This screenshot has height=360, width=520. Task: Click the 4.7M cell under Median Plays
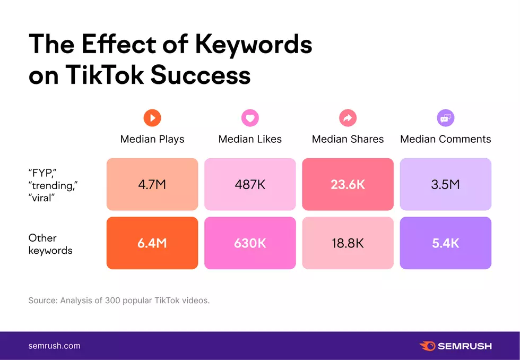click(x=152, y=184)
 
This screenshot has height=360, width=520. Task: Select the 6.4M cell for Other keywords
click(x=152, y=243)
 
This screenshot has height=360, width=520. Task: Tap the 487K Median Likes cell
click(x=250, y=184)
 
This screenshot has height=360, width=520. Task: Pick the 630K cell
click(x=250, y=243)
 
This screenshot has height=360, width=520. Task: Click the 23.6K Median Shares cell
click(x=348, y=184)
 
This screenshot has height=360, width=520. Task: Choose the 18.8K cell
click(x=348, y=243)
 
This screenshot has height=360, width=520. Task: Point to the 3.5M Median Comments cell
click(x=445, y=184)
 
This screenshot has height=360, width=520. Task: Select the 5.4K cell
click(x=445, y=243)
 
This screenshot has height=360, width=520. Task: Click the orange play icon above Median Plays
click(x=152, y=118)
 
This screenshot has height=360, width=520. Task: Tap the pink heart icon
click(x=250, y=118)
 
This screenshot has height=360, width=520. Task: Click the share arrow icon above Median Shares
click(x=348, y=118)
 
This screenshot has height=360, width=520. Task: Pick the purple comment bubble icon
click(x=445, y=118)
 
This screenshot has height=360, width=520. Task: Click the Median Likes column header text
click(x=250, y=139)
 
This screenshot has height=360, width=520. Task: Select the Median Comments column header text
click(x=445, y=139)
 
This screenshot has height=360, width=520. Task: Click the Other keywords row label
click(x=50, y=244)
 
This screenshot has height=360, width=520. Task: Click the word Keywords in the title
click(x=254, y=45)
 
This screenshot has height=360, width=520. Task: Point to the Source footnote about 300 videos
click(x=119, y=301)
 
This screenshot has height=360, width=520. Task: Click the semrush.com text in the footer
click(x=54, y=346)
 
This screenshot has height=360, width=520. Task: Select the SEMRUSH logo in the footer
click(x=456, y=346)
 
